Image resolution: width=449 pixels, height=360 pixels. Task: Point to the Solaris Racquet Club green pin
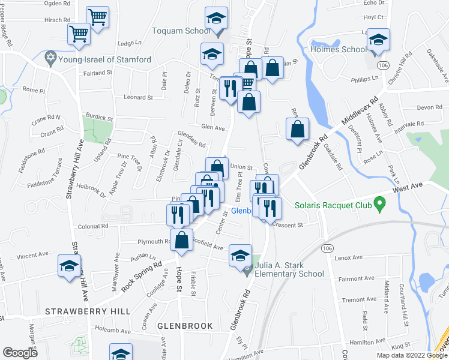[x=378, y=205]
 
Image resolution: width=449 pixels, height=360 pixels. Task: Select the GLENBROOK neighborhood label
[x=185, y=325]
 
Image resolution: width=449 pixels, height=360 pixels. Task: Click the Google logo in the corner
[x=20, y=353]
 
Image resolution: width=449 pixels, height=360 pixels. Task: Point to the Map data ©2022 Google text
[x=411, y=355]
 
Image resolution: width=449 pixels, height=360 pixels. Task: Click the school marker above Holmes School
[x=378, y=41]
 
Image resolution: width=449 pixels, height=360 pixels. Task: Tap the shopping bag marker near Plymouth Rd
[x=181, y=241]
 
